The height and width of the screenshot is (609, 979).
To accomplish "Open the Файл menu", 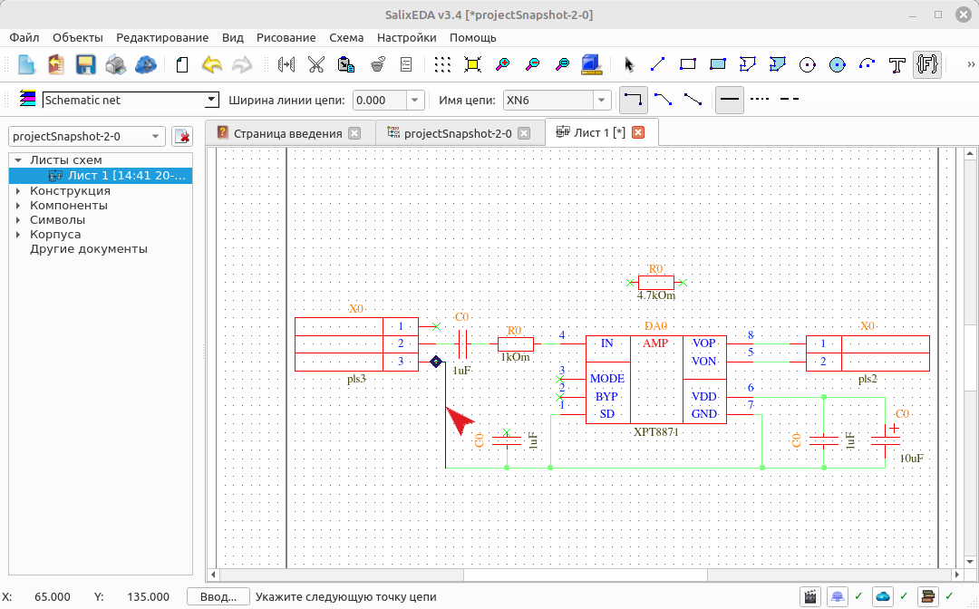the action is pos(24,37).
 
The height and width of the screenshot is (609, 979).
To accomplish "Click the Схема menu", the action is pos(346,37).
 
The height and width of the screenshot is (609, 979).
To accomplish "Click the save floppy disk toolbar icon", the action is pos(85,64).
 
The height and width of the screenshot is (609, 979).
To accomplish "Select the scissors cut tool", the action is pos(316,64).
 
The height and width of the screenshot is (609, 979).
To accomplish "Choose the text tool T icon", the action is pos(897,64).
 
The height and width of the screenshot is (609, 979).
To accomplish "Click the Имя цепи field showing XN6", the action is pos(548,100).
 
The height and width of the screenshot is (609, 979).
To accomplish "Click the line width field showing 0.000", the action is pos(380,100).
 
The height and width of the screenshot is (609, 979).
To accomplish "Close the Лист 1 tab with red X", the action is pos(638,132).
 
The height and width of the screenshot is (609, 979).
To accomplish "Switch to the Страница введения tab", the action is pos(288,133).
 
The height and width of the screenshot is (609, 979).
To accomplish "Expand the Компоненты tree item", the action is pos(18,206).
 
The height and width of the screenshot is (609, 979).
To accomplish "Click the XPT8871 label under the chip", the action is pos(655,431).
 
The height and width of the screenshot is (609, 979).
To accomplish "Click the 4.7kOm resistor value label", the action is pos(655,295).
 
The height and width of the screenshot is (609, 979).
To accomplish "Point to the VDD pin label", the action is pos(703,397).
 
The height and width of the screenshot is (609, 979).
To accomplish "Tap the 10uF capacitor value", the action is pos(911,459).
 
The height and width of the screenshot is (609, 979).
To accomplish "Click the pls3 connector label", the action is pos(356,379).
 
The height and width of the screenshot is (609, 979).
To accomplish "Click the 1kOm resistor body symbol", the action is pos(516,343).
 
